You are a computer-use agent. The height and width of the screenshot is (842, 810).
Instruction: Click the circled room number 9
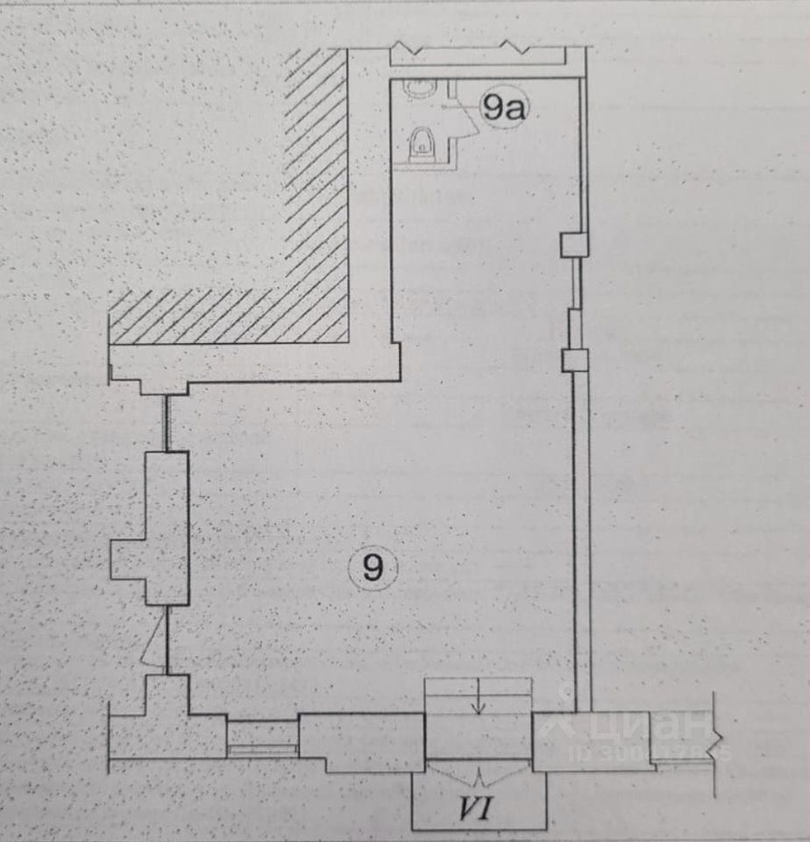373,569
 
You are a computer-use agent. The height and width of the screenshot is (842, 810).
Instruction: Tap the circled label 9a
503,109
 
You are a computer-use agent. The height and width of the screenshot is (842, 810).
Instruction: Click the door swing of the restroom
465,118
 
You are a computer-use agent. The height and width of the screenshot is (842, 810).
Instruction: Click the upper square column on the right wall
573,245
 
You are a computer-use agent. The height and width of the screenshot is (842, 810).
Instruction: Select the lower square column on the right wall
574,360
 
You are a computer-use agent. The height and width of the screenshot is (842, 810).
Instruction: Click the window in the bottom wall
262,737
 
